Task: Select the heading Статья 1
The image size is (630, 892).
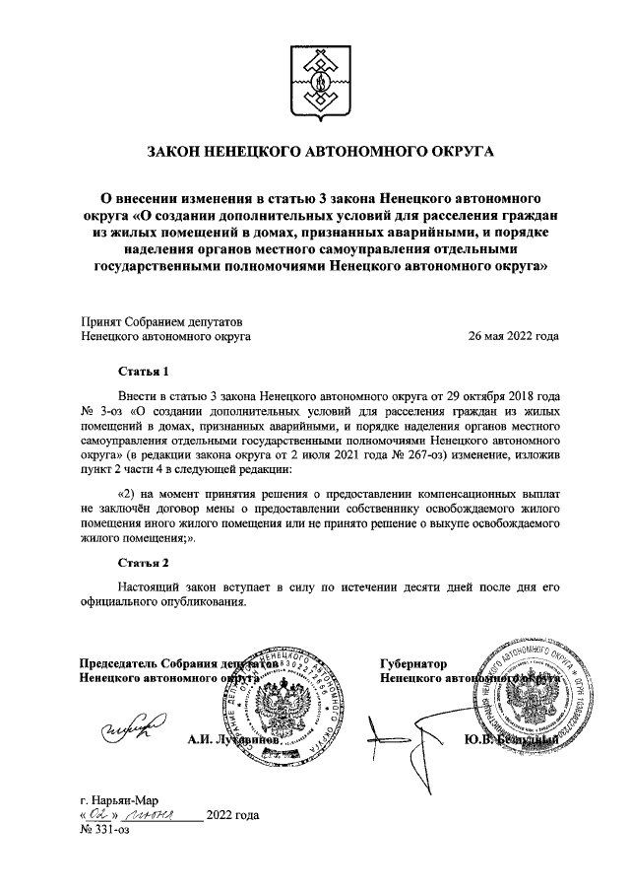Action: [x=144, y=372]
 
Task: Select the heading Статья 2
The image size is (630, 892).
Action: [x=144, y=563]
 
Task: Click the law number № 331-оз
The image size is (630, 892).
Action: [x=103, y=830]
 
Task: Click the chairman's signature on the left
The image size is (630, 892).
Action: [x=129, y=730]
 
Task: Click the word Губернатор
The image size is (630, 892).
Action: [x=413, y=663]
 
